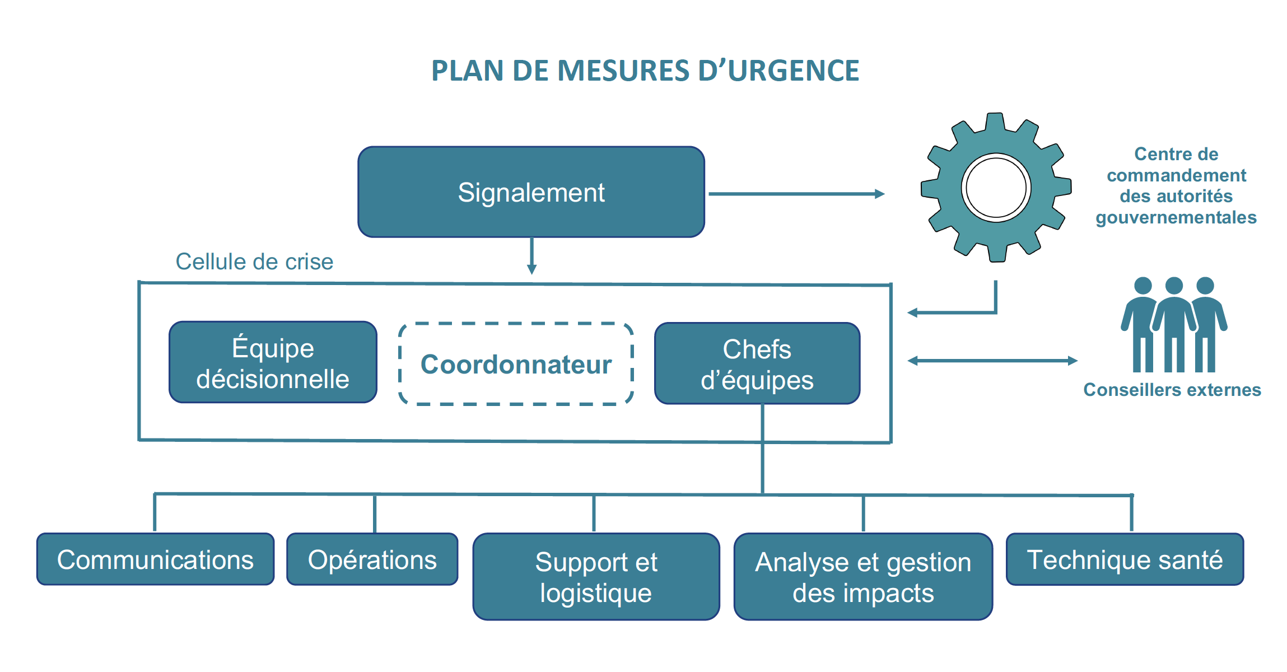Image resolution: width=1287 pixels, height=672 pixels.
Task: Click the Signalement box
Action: click(x=531, y=192)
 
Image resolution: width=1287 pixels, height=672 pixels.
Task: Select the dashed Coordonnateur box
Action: click(x=516, y=364)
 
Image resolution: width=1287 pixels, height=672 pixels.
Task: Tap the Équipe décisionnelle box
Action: click(x=273, y=362)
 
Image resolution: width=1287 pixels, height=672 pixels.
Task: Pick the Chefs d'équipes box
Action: click(x=757, y=363)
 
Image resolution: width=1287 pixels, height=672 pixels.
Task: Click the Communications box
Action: click(x=155, y=559)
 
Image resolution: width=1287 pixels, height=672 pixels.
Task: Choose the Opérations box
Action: click(x=372, y=559)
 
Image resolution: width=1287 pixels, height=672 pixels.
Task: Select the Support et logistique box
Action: click(x=596, y=577)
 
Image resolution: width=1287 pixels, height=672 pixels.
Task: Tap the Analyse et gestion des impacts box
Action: click(x=863, y=577)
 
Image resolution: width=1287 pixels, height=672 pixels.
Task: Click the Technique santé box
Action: click(x=1125, y=559)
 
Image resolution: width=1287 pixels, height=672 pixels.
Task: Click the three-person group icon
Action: click(x=1174, y=325)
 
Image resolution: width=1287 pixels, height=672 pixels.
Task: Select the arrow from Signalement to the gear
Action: click(x=795, y=194)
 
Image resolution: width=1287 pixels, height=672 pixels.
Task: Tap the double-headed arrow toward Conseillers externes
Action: click(x=992, y=361)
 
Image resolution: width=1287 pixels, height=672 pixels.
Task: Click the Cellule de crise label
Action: click(x=254, y=262)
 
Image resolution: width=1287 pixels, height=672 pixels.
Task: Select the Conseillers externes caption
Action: click(x=1172, y=390)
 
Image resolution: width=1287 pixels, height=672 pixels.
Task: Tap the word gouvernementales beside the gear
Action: click(x=1176, y=217)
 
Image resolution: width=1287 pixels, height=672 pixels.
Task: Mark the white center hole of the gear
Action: click(x=996, y=188)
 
